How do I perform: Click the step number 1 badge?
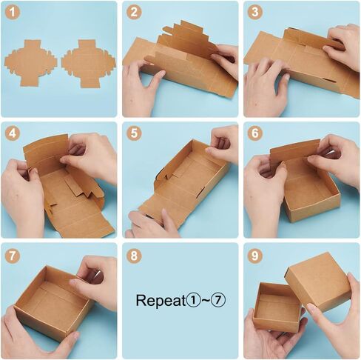[x=13, y=13]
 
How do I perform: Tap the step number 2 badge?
[x=134, y=13]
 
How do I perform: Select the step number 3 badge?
[x=255, y=13]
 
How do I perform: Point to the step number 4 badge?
[x=13, y=133]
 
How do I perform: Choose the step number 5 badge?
[x=134, y=133]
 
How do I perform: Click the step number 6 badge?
[x=255, y=133]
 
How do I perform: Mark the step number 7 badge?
[x=13, y=256]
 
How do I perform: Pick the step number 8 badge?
[x=134, y=256]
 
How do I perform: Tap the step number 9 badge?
[x=255, y=256]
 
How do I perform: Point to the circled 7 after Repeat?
[x=218, y=300]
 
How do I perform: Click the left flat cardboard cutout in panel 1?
[x=30, y=63]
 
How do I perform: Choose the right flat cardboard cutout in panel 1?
[x=88, y=64]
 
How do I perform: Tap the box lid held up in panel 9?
[x=318, y=281]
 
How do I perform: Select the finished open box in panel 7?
[x=53, y=301]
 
